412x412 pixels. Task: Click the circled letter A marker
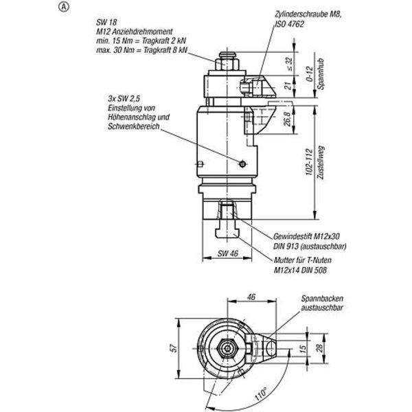click(x=63, y=8)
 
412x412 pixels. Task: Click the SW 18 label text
click(x=106, y=23)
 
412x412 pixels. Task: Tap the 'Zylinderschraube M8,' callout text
click(x=308, y=14)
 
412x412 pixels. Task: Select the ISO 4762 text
click(x=289, y=24)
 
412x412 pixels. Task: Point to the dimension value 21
click(x=288, y=86)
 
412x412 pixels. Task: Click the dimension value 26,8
click(x=288, y=119)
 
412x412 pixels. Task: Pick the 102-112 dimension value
click(x=310, y=162)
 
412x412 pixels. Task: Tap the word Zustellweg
click(x=321, y=163)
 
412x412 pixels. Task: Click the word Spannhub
click(x=321, y=74)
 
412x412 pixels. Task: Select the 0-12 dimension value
click(x=310, y=74)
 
